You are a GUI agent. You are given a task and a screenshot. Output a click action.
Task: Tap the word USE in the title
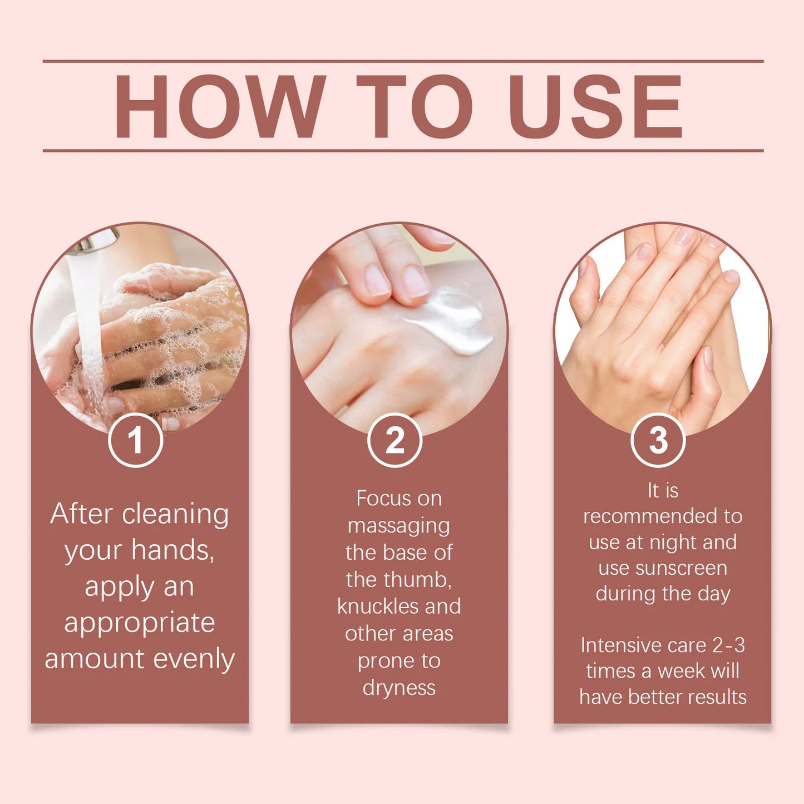[595, 106]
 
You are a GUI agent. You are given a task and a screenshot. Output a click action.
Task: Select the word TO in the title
[414, 106]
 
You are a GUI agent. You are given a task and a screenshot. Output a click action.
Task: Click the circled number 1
[135, 441]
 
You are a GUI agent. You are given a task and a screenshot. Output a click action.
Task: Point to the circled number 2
[395, 441]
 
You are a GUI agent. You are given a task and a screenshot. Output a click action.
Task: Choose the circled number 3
[658, 441]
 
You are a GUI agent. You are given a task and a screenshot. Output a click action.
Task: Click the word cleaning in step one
[175, 514]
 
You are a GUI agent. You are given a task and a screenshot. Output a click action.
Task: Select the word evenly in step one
[194, 659]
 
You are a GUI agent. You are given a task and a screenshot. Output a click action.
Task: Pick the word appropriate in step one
[139, 623]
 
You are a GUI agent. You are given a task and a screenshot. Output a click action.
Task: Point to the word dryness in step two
[399, 688]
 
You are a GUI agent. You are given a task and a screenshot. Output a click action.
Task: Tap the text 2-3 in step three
[728, 645]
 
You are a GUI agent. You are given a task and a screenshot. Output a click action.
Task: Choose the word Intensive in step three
[620, 645]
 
